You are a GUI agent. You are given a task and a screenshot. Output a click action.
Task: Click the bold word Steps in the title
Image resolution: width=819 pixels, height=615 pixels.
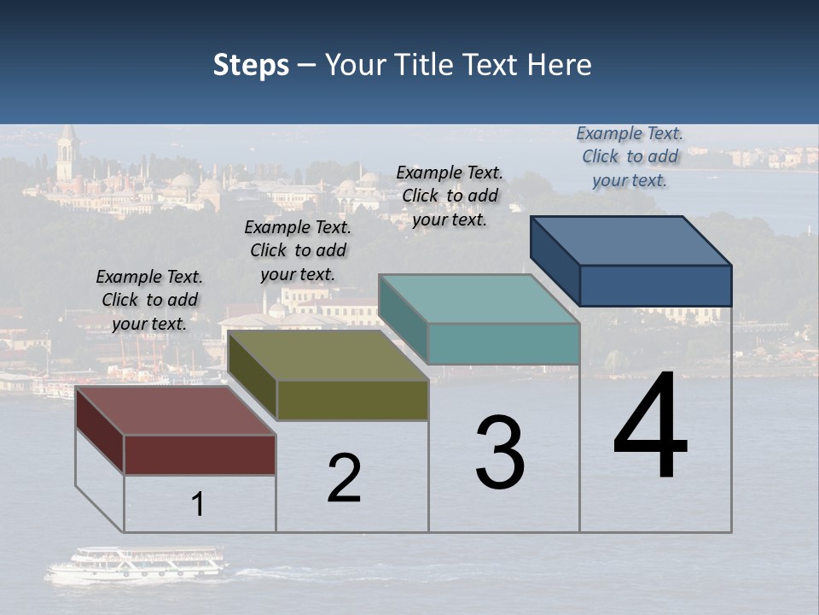251,65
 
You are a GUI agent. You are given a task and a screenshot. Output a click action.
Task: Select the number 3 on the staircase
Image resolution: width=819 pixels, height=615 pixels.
500,453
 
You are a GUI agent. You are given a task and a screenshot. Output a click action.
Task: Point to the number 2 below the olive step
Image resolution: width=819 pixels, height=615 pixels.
345,477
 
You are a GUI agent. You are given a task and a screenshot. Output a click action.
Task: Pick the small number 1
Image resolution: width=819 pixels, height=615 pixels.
198,504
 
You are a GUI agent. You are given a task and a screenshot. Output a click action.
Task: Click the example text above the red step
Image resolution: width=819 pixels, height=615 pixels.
150,300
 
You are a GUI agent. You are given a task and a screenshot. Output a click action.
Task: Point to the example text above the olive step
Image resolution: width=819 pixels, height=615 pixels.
298,250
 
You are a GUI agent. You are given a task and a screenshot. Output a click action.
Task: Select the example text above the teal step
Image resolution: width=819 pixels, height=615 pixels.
450,196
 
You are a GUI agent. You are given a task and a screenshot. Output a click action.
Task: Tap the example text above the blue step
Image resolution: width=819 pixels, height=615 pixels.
630,156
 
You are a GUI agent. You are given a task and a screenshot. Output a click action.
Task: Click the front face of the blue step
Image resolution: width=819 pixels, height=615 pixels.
655,285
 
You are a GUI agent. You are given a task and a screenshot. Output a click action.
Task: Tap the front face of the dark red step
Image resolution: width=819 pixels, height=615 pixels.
200,454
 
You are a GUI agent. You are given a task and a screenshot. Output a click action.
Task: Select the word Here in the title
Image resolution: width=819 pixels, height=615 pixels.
559,65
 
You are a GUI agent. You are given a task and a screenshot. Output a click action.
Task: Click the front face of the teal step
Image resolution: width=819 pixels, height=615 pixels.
503,344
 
